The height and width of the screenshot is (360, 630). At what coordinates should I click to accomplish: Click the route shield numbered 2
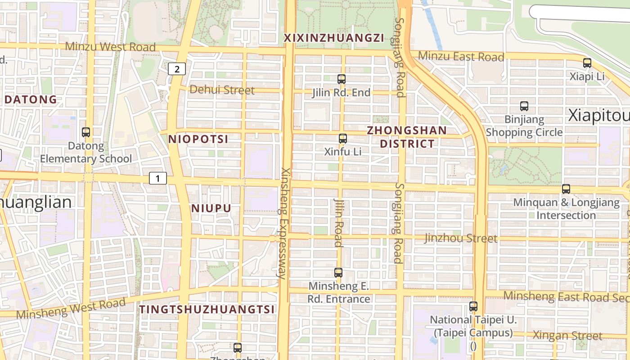177,69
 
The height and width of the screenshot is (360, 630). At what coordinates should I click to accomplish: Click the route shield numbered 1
158,179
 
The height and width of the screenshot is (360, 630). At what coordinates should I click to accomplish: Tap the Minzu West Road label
111,47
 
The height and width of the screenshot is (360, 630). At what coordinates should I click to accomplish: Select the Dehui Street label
222,90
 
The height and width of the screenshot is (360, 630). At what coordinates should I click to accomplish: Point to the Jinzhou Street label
461,238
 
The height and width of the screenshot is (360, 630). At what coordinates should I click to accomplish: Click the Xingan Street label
567,336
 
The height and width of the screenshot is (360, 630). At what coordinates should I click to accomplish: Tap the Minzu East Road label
461,57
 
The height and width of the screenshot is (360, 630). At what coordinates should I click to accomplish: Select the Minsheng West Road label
71,308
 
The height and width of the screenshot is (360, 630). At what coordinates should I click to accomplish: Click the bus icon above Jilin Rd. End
342,79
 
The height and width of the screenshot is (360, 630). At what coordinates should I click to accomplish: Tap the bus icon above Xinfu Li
343,139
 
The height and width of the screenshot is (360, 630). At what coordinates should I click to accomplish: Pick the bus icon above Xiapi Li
587,63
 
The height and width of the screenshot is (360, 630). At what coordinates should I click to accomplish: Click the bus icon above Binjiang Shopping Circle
524,106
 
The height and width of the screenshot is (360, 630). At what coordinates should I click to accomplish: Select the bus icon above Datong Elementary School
86,132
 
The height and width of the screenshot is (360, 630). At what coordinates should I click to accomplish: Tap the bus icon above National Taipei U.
473,306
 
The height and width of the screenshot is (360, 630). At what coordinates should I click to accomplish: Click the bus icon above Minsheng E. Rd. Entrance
338,272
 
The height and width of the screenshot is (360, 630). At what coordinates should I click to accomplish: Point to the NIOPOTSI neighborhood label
198,139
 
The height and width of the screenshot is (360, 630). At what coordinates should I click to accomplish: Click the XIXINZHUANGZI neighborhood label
334,38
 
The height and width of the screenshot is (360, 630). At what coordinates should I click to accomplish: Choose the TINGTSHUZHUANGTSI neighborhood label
207,310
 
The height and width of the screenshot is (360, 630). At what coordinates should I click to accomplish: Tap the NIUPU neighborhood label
211,208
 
